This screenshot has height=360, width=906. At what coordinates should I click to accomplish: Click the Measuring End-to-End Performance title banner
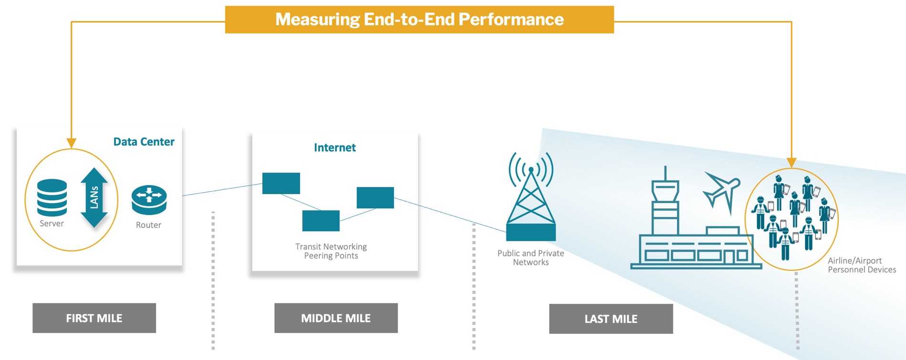[x=419, y=20]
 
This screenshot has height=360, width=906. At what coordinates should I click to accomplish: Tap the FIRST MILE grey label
[x=94, y=318]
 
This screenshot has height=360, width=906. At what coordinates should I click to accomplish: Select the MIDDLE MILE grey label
[x=336, y=318]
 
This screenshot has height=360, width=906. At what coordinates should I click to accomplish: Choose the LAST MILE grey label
[x=611, y=319]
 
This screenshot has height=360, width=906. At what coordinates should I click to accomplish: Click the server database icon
[x=52, y=197]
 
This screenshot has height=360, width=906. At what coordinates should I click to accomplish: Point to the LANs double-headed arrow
[x=94, y=197]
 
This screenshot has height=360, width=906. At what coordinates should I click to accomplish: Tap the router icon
[x=149, y=200]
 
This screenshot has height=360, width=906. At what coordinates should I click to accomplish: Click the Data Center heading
[x=144, y=142]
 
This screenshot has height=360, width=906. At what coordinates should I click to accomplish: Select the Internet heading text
[x=335, y=148]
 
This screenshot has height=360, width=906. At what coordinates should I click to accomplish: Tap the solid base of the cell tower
[x=531, y=232]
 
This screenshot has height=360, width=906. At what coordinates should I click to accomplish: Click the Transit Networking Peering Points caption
[x=331, y=251]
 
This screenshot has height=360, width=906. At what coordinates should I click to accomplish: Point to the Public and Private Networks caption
[x=531, y=257]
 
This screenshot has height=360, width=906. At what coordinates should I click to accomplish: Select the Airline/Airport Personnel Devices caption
[x=862, y=265]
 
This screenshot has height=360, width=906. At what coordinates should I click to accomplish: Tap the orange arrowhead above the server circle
[x=72, y=143]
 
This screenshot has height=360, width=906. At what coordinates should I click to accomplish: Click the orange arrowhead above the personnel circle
[x=792, y=163]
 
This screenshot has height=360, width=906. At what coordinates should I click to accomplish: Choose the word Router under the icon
[x=148, y=225]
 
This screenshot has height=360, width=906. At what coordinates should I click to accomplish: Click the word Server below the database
[x=51, y=224]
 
